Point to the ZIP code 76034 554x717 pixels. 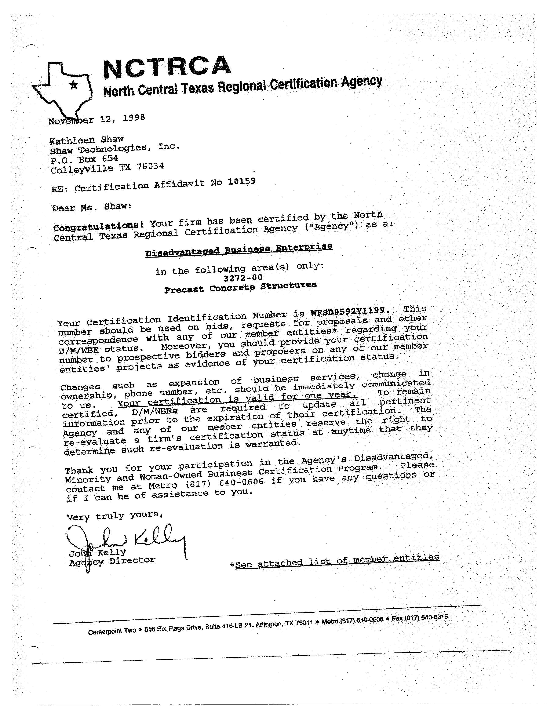pos(150,166)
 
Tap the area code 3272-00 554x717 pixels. pos(243,278)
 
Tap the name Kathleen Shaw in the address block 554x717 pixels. pos(86,140)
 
